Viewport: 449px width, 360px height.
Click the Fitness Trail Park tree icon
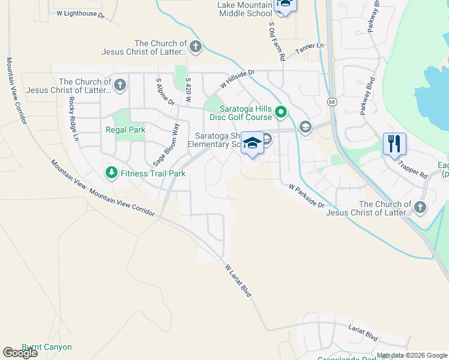coord(111,173)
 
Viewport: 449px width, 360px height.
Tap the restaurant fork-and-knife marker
coord(394,144)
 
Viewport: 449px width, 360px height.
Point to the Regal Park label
coord(125,130)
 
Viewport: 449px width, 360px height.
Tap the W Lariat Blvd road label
coord(237,280)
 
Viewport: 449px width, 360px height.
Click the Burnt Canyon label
coord(47,347)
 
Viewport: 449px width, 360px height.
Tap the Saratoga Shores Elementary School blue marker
coord(253,143)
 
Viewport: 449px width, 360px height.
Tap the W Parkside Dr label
coord(306,196)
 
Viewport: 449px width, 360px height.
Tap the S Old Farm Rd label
coord(277,41)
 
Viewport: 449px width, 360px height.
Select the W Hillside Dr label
coord(238,79)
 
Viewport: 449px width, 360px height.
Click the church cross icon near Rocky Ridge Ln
coord(119,85)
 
